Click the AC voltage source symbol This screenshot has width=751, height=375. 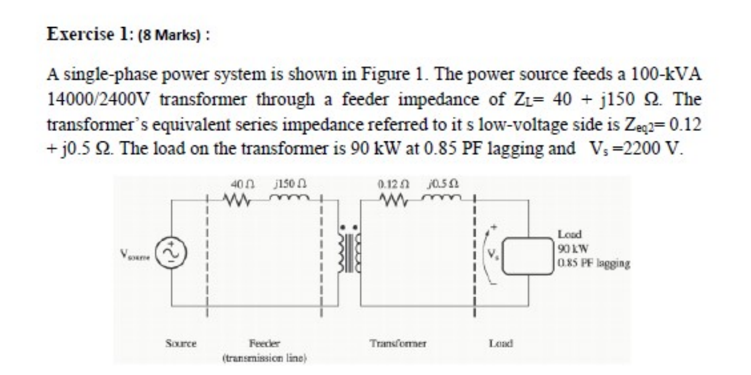(x=172, y=254)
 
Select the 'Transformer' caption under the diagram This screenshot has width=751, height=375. (x=399, y=343)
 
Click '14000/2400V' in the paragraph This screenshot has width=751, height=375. (x=99, y=99)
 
